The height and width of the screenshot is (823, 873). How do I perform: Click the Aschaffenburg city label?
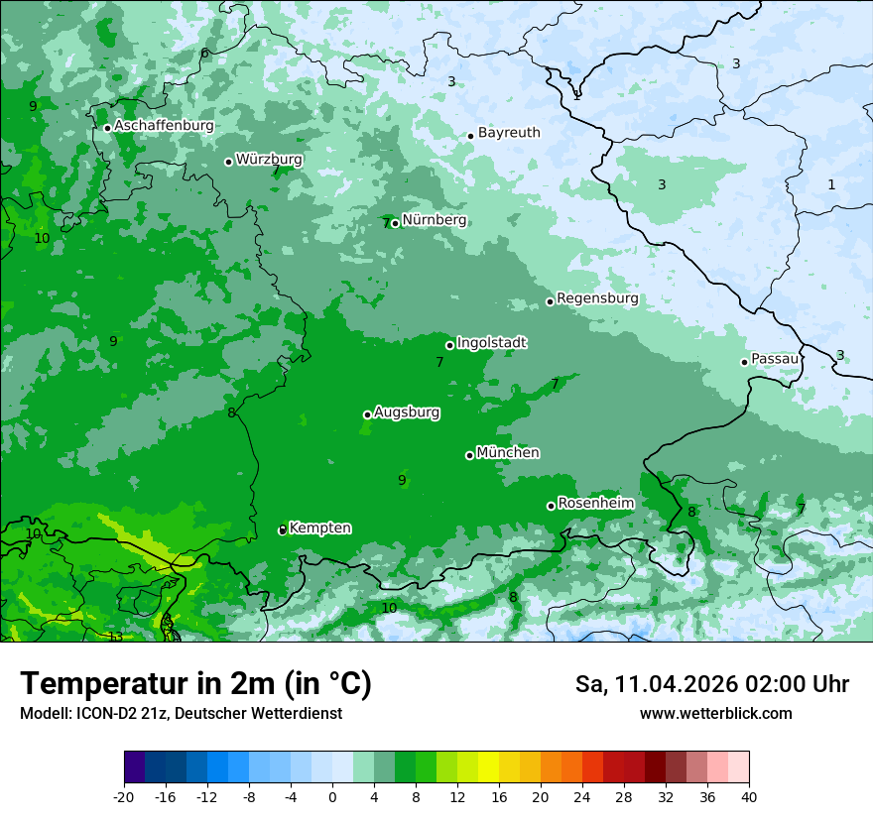pyautogui.click(x=164, y=126)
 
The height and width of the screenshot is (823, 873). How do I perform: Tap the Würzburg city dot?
pyautogui.click(x=228, y=162)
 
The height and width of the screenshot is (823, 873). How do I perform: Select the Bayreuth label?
pyautogui.click(x=509, y=133)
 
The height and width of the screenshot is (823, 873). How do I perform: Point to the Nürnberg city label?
pyautogui.click(x=434, y=220)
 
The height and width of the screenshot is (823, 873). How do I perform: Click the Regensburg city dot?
pyautogui.click(x=550, y=301)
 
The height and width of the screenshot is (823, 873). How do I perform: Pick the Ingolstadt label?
pyautogui.click(x=491, y=343)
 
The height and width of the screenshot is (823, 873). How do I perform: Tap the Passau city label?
pyautogui.click(x=775, y=359)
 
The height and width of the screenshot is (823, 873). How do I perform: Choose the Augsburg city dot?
pyautogui.click(x=367, y=414)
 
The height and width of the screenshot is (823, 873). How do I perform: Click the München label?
pyautogui.click(x=508, y=453)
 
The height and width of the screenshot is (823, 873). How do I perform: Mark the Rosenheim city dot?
pyautogui.click(x=551, y=506)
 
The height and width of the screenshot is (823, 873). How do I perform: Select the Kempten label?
pyautogui.click(x=319, y=529)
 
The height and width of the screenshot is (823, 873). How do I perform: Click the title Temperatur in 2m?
pyautogui.click(x=195, y=684)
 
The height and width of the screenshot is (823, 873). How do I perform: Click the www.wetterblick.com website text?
pyautogui.click(x=715, y=714)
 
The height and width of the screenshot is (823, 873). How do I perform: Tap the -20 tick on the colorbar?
pyautogui.click(x=124, y=796)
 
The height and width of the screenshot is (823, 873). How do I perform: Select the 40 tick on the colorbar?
pyautogui.click(x=749, y=796)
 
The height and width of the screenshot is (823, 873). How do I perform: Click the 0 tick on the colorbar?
pyautogui.click(x=332, y=796)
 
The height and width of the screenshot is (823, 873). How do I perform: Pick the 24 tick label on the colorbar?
pyautogui.click(x=582, y=796)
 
